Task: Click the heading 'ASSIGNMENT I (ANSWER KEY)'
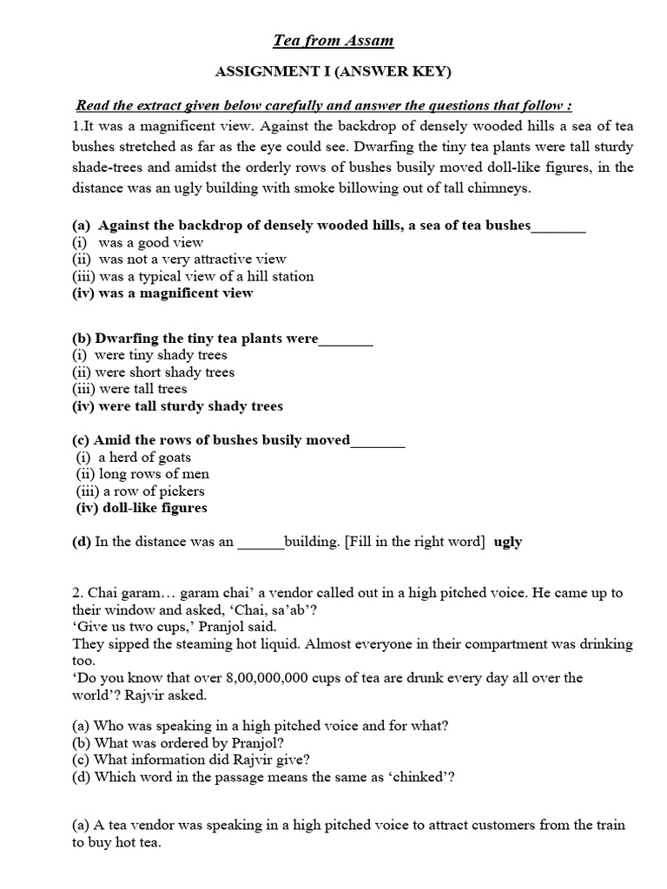tap(333, 73)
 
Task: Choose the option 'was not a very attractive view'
tap(192, 259)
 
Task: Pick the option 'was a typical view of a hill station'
tap(206, 276)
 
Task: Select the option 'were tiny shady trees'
tap(161, 355)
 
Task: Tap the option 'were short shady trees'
tap(165, 372)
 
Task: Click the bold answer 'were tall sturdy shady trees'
tap(190, 406)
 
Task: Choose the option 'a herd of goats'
tap(144, 458)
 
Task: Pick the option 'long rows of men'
tap(154, 474)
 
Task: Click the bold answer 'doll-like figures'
tap(155, 508)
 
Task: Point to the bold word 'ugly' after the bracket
tap(508, 542)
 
